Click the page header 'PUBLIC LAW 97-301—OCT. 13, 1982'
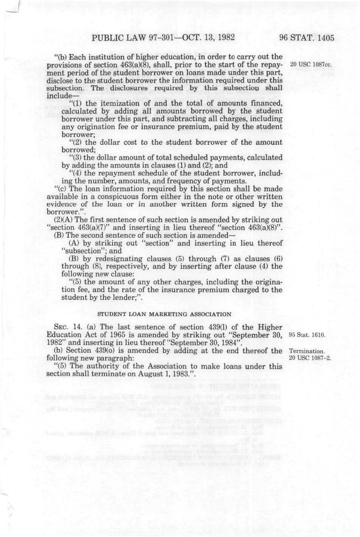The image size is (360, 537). pyautogui.click(x=163, y=38)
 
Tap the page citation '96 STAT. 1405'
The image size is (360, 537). pyautogui.click(x=306, y=38)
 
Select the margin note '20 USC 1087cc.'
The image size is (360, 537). pyautogui.click(x=311, y=64)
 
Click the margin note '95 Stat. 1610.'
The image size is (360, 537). pyautogui.click(x=307, y=335)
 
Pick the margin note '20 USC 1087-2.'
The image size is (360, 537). pyautogui.click(x=310, y=358)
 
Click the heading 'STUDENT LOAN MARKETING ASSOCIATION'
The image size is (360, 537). pyautogui.click(x=164, y=314)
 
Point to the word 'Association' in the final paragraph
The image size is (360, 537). pyautogui.click(x=156, y=366)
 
